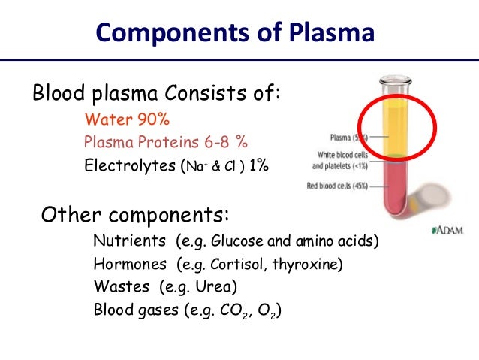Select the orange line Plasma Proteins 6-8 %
(x=166, y=141)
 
